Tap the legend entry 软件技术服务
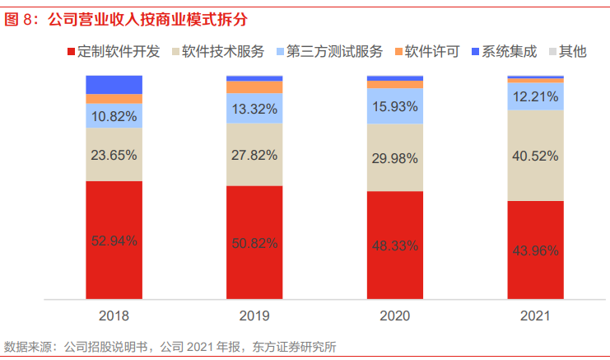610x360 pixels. [222, 52]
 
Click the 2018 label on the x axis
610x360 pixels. [114, 315]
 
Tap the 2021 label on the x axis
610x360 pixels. [535, 315]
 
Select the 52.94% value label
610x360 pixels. [114, 241]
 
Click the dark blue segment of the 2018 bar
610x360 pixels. [114, 84]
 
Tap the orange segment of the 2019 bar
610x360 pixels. [254, 87]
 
